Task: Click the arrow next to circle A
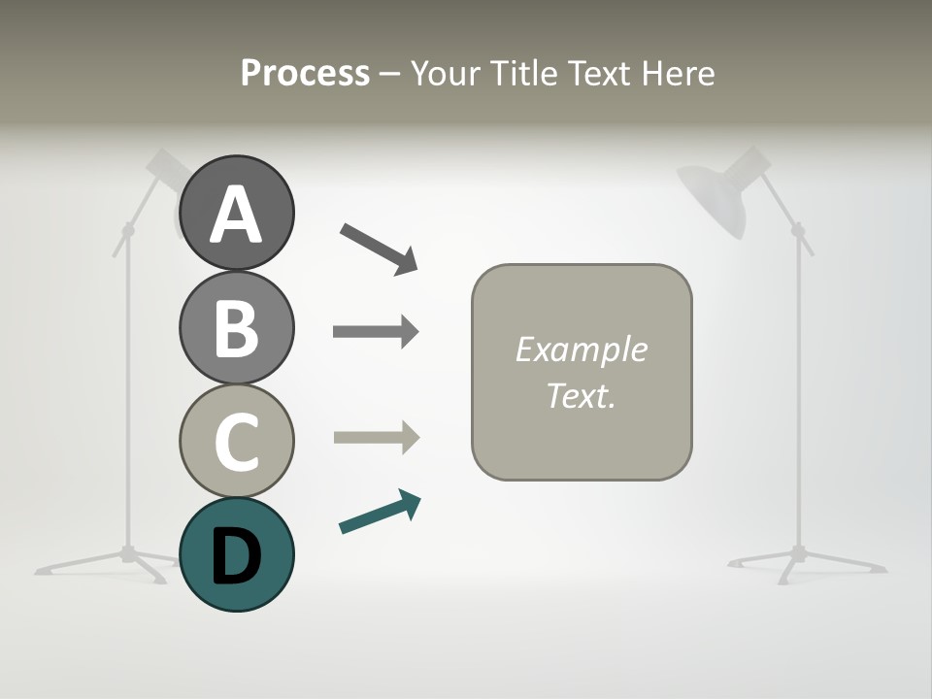tap(379, 247)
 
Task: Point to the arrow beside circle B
tap(376, 332)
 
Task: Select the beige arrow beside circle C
tap(376, 438)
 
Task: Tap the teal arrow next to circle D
tap(380, 513)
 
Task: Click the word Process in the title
tap(305, 73)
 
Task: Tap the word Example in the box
tap(581, 349)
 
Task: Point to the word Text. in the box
tap(581, 395)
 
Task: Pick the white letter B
tap(237, 328)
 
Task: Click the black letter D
tap(237, 555)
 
